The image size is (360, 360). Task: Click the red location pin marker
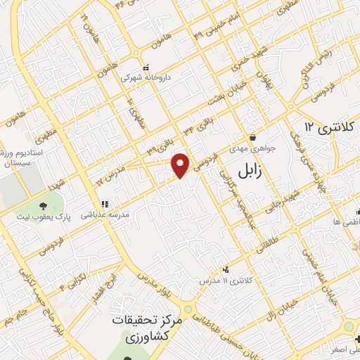click(x=181, y=165)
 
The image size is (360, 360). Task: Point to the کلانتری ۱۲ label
click(x=329, y=127)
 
